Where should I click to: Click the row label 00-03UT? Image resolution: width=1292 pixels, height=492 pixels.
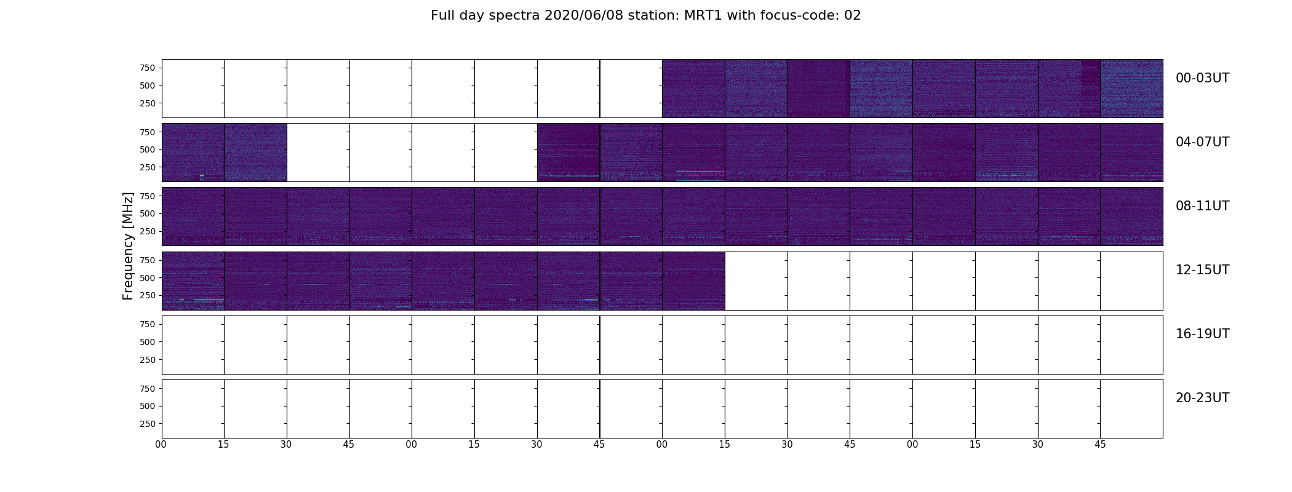coord(1202,78)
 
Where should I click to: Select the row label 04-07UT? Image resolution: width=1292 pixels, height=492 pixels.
coord(1202,142)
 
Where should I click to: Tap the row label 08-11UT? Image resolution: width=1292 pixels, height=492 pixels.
coord(1202,206)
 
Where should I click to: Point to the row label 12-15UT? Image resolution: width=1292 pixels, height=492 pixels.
coord(1202,270)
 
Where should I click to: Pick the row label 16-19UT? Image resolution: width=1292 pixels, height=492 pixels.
coord(1202,334)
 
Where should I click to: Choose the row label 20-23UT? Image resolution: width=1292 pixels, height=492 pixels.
coord(1202,398)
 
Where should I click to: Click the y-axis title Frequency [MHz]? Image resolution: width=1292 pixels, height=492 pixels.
coord(128,246)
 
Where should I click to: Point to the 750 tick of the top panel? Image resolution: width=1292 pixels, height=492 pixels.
coord(147,68)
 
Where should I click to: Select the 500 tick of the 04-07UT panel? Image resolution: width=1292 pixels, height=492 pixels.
coord(147,149)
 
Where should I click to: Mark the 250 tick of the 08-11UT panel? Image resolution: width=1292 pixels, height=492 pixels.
coord(147,231)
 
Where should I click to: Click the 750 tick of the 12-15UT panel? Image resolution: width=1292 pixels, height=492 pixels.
coord(147,260)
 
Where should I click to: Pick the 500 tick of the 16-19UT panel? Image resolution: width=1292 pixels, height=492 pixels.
coord(147,342)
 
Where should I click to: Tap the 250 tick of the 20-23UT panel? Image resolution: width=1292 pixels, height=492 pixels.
coord(147,424)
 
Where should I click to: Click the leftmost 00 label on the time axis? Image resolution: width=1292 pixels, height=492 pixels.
coord(161,444)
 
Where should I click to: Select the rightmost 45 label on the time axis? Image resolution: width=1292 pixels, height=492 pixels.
coord(1101,444)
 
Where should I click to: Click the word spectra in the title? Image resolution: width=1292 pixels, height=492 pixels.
coord(518,16)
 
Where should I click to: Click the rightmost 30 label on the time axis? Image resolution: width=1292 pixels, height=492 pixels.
coord(1038,444)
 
